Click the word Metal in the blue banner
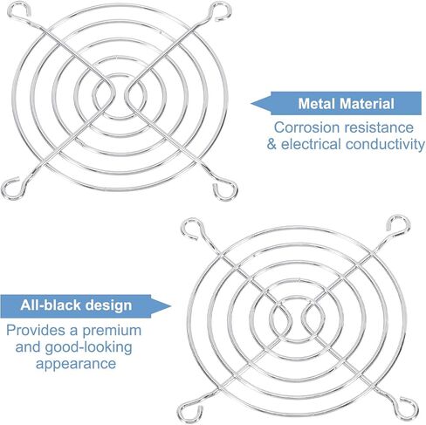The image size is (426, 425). point(317,104)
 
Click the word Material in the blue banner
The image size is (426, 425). point(367,104)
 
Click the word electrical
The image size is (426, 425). point(311,144)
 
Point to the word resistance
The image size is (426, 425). point(379,127)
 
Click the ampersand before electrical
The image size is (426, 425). point(271,145)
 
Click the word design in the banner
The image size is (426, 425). point(108,306)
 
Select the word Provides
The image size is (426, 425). point(36,331)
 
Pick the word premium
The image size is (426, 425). point(112,331)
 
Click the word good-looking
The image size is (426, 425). point(88,347)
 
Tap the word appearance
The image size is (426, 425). point(76,364)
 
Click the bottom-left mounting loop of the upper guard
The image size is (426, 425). point(11,189)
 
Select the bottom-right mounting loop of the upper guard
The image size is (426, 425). point(224,189)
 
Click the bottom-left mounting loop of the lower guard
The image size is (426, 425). point(189,411)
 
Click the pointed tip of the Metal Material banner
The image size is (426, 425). point(251,103)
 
